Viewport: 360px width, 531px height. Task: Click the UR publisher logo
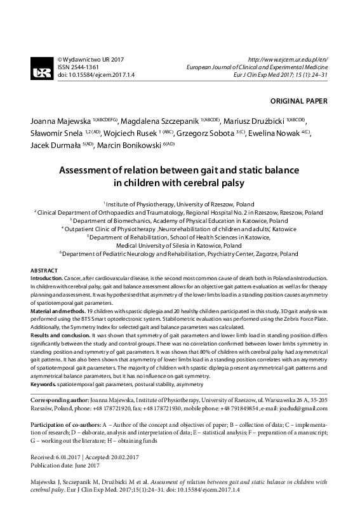[42, 65]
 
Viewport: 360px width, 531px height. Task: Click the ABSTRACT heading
[44, 271]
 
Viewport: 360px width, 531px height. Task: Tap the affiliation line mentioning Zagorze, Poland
[180, 253]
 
